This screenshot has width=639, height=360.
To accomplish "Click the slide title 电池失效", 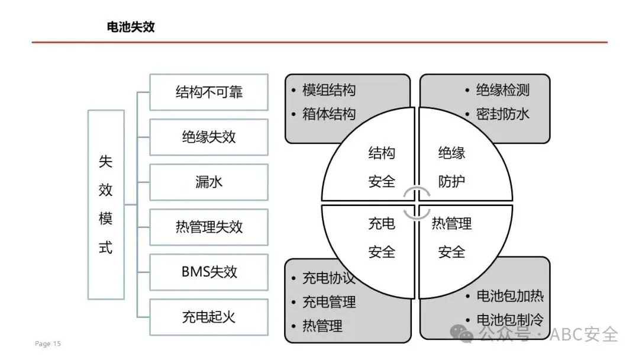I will tap(131, 27).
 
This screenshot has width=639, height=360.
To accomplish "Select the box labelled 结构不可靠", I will tap(208, 92).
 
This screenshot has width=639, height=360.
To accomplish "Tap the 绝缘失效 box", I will tap(208, 137).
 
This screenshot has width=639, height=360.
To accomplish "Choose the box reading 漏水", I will tap(208, 182).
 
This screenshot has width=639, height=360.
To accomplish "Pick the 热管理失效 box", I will tap(208, 227).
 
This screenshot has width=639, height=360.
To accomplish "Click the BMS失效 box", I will tap(208, 272).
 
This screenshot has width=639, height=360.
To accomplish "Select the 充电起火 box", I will tap(208, 317).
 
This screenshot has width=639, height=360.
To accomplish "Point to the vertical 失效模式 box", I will tap(105, 204).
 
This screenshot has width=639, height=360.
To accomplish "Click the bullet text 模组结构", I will tap(329, 91).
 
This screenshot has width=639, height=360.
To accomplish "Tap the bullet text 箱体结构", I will tap(329, 114).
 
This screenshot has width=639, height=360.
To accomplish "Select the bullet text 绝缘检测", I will tap(502, 91).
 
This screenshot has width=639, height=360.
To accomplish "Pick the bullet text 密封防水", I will tap(502, 114).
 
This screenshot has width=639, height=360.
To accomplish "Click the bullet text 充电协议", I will tap(329, 278).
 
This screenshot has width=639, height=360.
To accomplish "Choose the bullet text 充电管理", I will tap(329, 303).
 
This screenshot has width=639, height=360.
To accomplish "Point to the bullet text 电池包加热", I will tap(510, 295).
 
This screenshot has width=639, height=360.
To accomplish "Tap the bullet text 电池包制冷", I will tap(510, 320).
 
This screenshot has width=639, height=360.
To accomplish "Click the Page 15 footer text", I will tap(48, 344).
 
